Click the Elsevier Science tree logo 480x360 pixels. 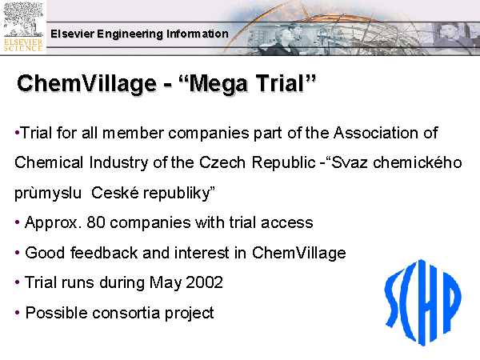click(x=23, y=27)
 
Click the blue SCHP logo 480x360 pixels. click(x=423, y=302)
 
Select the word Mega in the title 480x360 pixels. click(x=217, y=83)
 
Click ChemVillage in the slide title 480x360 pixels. click(x=87, y=83)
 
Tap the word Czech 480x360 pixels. click(x=222, y=162)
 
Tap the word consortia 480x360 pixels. click(x=126, y=313)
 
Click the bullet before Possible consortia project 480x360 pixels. click(x=17, y=313)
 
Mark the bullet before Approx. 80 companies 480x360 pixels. click(x=17, y=222)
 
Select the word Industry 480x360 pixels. click(x=119, y=163)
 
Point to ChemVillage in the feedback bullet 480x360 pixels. click(x=298, y=254)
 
